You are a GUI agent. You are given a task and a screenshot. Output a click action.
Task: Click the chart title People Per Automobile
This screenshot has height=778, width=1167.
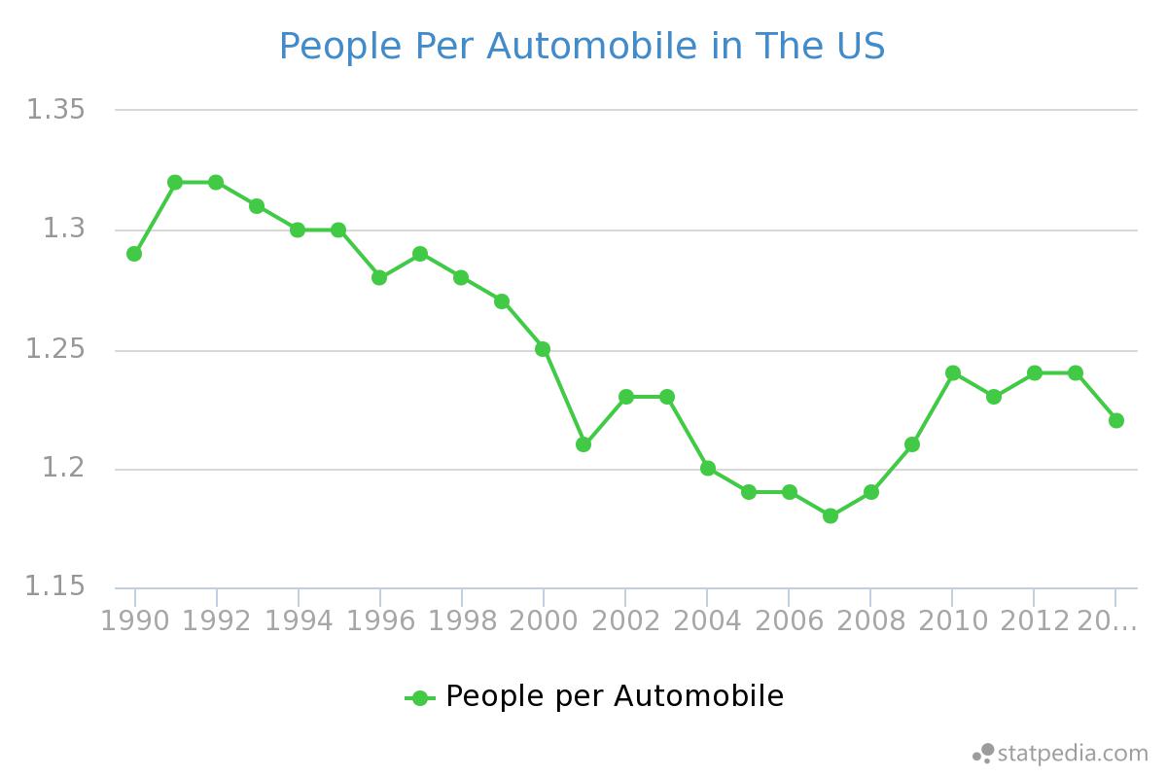pyautogui.click(x=582, y=46)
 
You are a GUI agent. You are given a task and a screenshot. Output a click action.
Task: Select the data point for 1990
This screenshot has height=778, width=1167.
pyautogui.click(x=134, y=254)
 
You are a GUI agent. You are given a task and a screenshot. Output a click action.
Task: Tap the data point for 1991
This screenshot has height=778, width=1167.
pyautogui.click(x=175, y=182)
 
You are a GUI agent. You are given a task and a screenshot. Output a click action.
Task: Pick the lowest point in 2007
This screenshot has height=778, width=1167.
pyautogui.click(x=831, y=515)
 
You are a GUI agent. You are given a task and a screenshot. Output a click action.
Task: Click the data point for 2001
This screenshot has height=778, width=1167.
pyautogui.click(x=583, y=444)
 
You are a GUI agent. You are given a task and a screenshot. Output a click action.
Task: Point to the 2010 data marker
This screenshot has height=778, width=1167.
pyautogui.click(x=953, y=372)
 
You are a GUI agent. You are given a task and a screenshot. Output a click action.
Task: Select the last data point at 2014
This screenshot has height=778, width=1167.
pyautogui.click(x=1116, y=420)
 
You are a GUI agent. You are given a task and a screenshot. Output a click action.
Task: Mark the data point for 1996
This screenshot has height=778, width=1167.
pyautogui.click(x=379, y=277)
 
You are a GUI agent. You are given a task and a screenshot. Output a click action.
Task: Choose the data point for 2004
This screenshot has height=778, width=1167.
pyautogui.click(x=708, y=468)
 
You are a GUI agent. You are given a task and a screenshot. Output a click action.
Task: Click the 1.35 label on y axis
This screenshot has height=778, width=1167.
pyautogui.click(x=55, y=110)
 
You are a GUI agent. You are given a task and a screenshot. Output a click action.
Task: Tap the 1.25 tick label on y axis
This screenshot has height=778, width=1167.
pyautogui.click(x=55, y=350)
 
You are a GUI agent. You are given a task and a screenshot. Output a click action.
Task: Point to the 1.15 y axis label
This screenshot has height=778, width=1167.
pyautogui.click(x=55, y=587)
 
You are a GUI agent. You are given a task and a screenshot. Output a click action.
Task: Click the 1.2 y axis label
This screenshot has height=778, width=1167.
pyautogui.click(x=64, y=470)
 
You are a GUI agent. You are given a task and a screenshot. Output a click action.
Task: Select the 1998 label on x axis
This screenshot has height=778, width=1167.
pyautogui.click(x=461, y=620)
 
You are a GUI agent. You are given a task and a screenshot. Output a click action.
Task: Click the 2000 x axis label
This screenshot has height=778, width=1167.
pyautogui.click(x=543, y=620)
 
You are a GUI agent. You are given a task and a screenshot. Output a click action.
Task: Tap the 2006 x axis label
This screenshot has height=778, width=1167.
pyautogui.click(x=788, y=620)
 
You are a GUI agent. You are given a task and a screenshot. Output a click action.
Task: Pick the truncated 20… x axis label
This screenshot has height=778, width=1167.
pyautogui.click(x=1108, y=620)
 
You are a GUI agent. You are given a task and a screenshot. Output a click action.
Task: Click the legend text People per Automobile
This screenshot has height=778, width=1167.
pyautogui.click(x=614, y=696)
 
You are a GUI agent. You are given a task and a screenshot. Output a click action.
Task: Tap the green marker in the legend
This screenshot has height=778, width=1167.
pyautogui.click(x=419, y=697)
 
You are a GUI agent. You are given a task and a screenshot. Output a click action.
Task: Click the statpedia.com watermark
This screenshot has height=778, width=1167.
pyautogui.click(x=1062, y=753)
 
